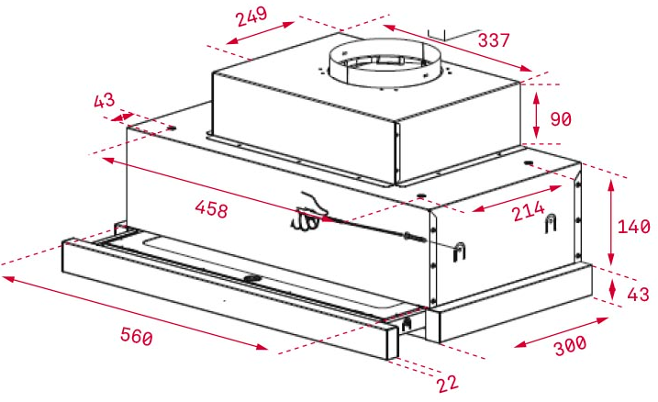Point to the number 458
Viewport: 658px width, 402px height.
213,207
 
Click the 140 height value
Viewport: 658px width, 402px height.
632,227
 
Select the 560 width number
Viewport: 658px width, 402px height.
136,337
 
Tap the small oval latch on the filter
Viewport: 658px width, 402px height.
250,278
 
